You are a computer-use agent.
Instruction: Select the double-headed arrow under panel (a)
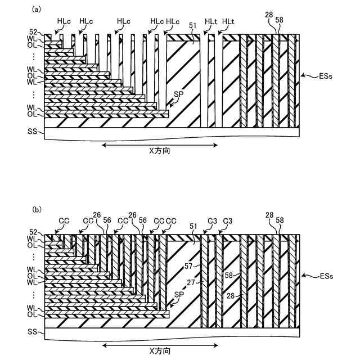point(160,145)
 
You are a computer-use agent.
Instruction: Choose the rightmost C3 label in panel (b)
point(228,220)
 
